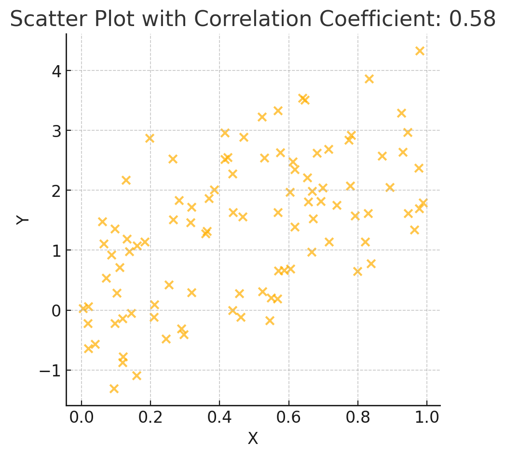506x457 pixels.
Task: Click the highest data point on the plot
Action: click(420, 51)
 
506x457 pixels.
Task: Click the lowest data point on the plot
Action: click(114, 388)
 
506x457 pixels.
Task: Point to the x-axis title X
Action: click(253, 438)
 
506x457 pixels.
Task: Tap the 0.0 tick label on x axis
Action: click(82, 416)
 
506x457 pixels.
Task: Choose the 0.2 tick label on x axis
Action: click(150, 416)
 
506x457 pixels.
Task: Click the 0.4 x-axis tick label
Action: click(219, 416)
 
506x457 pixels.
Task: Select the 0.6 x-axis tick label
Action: click(288, 416)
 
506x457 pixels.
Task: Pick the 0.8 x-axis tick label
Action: click(358, 416)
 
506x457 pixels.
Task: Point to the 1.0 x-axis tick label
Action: click(427, 416)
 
